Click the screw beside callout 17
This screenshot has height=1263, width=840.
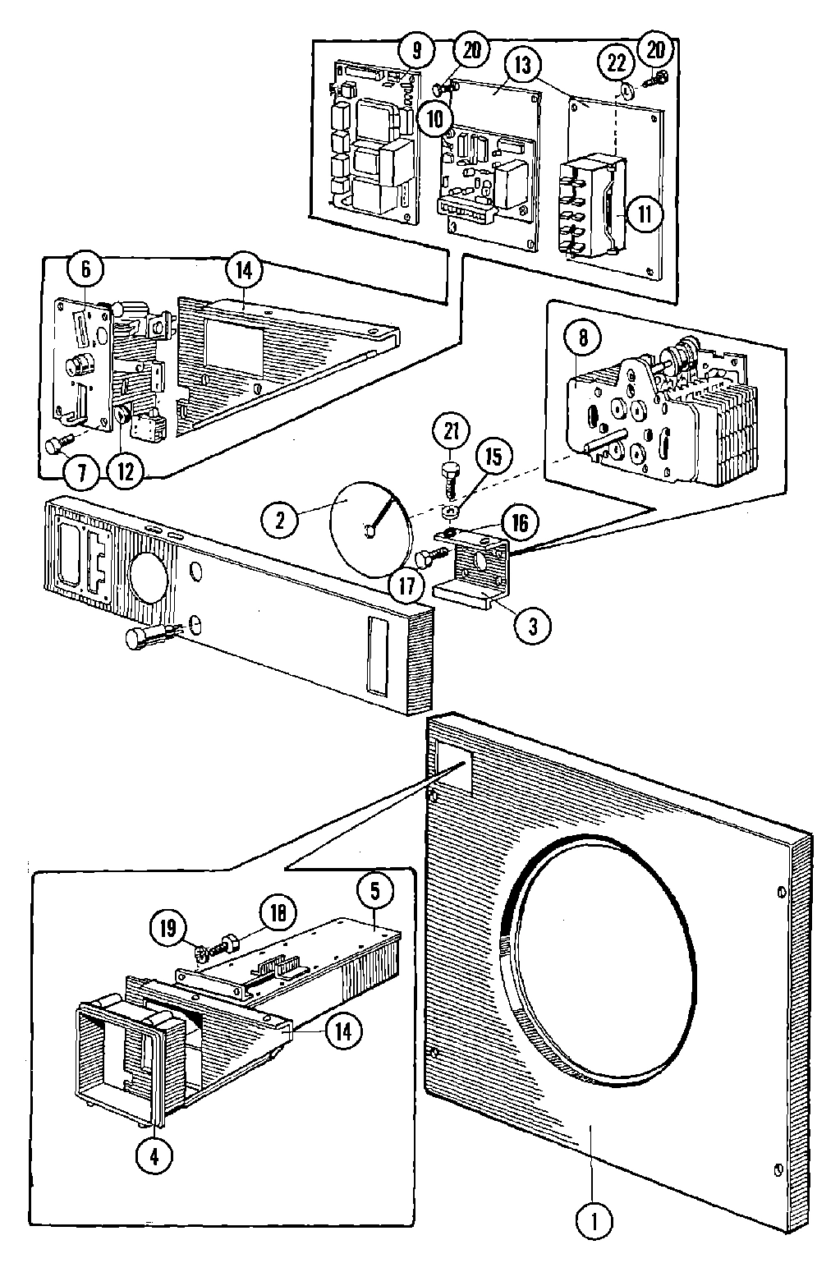tap(430, 558)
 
